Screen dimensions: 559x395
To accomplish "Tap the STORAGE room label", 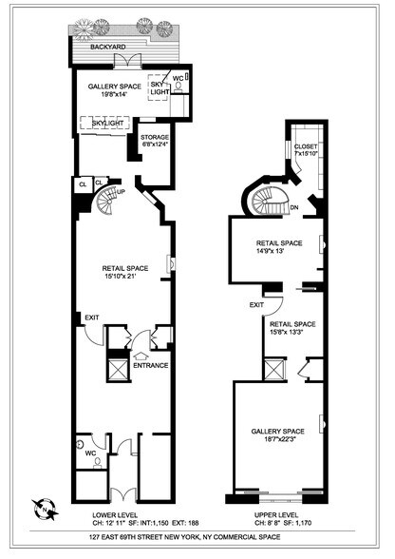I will pyautogui.click(x=156, y=140).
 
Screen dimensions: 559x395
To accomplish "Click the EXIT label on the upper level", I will pyautogui.click(x=255, y=305).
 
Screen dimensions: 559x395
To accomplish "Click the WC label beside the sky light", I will pyautogui.click(x=177, y=79).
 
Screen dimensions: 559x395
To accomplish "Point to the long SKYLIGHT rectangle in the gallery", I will pyautogui.click(x=103, y=122).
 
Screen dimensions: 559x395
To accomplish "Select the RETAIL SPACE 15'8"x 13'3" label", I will pyautogui.click(x=293, y=328).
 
